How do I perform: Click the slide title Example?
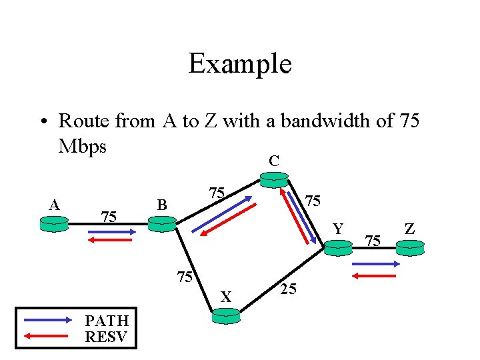click(x=240, y=64)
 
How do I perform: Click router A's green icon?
click(x=53, y=224)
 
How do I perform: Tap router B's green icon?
click(x=161, y=224)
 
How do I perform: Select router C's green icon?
click(x=274, y=179)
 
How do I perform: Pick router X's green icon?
click(x=225, y=317)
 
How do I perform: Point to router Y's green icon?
click(x=338, y=247)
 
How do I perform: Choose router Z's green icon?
click(x=409, y=247)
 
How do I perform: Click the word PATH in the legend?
click(x=107, y=321)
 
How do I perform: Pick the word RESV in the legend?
click(x=107, y=336)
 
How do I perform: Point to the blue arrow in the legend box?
click(x=47, y=320)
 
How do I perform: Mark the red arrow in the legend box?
click(x=47, y=335)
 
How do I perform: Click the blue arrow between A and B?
click(x=112, y=232)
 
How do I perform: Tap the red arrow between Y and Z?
click(x=375, y=274)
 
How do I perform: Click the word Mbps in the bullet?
click(x=82, y=145)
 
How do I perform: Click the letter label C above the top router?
click(x=273, y=161)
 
